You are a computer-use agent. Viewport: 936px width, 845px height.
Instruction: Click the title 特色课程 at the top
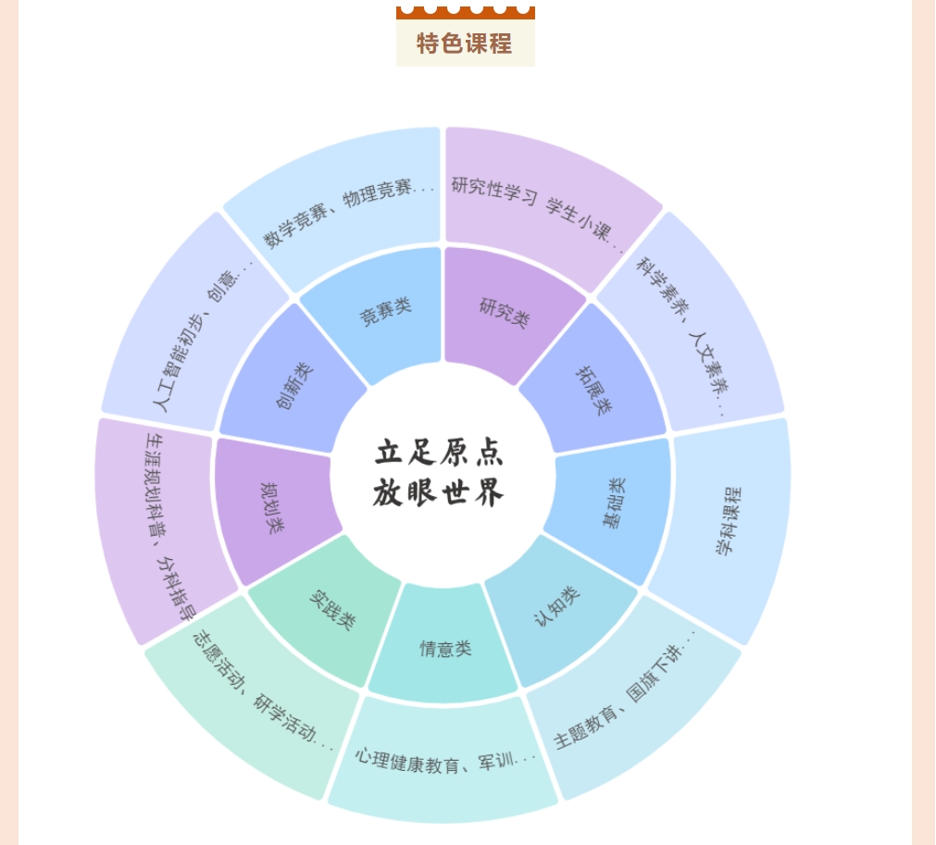pyautogui.click(x=465, y=43)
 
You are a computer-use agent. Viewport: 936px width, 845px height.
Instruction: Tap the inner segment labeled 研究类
pyautogui.click(x=505, y=312)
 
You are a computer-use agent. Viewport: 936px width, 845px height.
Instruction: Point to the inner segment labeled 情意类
pyautogui.click(x=445, y=649)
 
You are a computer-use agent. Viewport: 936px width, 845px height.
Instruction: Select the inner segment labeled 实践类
pyautogui.click(x=331, y=609)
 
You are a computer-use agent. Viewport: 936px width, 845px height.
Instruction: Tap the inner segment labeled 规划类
pyautogui.click(x=273, y=507)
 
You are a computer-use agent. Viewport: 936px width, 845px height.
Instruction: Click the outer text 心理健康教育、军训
pyautogui.click(x=444, y=760)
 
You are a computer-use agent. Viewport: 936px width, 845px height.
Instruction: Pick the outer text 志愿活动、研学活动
pyautogui.click(x=262, y=690)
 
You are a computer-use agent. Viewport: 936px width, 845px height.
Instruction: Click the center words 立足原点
pyautogui.click(x=440, y=453)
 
